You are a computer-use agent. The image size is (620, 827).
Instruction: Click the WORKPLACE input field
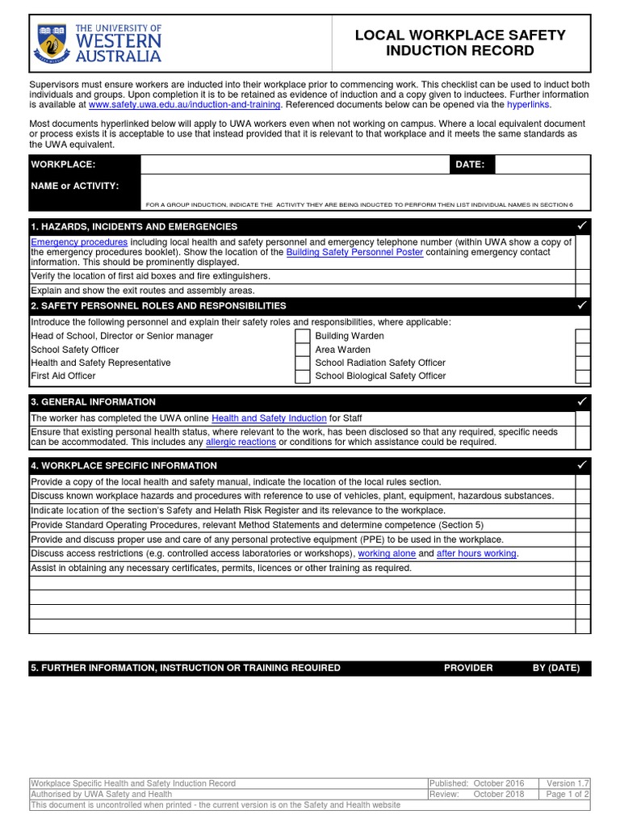(x=295, y=165)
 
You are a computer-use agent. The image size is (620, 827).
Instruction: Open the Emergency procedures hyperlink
(x=79, y=242)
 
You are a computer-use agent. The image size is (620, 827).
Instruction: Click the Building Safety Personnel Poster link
(x=354, y=252)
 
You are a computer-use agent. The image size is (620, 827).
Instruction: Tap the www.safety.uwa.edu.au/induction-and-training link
(x=184, y=105)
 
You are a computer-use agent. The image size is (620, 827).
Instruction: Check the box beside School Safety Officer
(x=301, y=350)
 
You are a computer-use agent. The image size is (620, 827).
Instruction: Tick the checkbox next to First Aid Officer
(x=301, y=376)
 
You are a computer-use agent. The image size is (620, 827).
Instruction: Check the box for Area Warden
(x=583, y=350)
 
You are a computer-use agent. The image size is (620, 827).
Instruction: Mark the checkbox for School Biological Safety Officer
(x=583, y=376)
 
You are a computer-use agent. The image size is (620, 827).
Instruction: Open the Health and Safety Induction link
(x=269, y=418)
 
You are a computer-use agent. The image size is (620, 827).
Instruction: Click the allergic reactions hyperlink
(x=241, y=443)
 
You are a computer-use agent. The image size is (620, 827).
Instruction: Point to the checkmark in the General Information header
(x=582, y=401)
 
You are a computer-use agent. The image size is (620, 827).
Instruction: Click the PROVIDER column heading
(x=468, y=668)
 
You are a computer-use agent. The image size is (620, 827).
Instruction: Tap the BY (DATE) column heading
(x=556, y=668)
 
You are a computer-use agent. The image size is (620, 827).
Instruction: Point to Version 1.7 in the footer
(x=572, y=783)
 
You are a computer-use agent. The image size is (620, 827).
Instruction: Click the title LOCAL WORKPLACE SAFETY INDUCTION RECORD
(x=461, y=43)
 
